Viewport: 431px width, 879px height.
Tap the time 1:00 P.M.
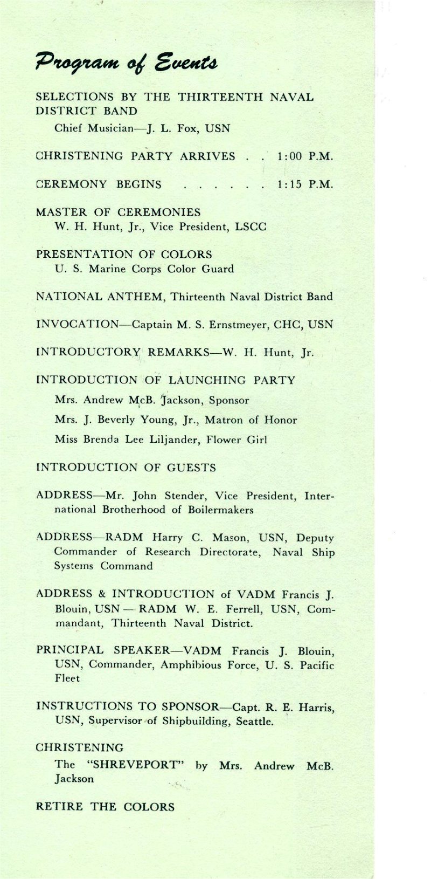point(305,156)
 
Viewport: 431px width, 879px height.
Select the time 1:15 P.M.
point(305,184)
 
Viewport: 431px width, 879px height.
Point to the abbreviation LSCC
point(251,226)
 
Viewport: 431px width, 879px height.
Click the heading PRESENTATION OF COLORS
point(124,254)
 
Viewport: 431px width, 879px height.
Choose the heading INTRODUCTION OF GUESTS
point(126,468)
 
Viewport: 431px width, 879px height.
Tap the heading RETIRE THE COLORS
point(105,807)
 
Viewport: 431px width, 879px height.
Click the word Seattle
point(254,721)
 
